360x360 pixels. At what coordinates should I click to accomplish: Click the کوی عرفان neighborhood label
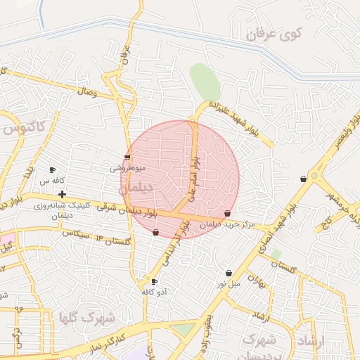tap(280, 34)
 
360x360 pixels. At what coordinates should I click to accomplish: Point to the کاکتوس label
tap(23, 129)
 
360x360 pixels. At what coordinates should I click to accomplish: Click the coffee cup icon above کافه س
tap(52, 170)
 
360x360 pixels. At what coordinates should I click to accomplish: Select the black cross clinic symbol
tap(63, 194)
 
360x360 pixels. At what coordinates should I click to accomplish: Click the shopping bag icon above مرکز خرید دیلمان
tap(227, 214)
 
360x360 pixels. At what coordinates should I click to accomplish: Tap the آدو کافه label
tap(153, 291)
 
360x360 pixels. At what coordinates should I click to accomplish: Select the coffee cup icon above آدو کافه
tap(153, 281)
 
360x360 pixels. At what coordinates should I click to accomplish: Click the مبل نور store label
tap(228, 283)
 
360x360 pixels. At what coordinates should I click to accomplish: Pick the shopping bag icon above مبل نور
tap(229, 273)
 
